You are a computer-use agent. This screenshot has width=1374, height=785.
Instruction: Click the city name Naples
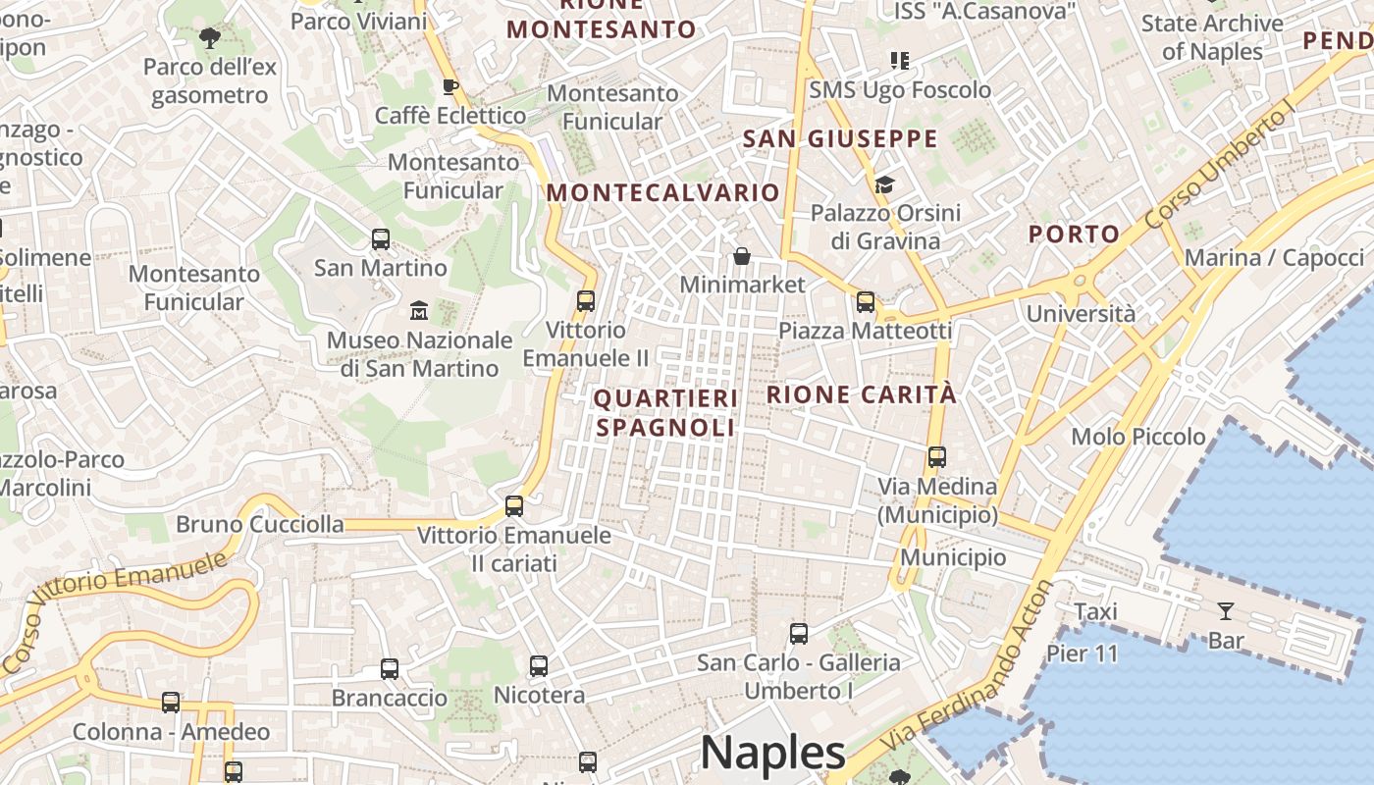pyautogui.click(x=772, y=753)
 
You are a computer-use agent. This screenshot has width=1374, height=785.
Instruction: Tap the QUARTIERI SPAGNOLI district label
pyautogui.click(x=665, y=412)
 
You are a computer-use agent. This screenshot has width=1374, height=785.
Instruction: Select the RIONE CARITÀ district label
pyautogui.click(x=861, y=394)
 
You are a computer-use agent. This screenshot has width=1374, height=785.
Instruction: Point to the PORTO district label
pyautogui.click(x=1074, y=234)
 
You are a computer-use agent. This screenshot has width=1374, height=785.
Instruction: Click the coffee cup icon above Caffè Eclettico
pyautogui.click(x=450, y=86)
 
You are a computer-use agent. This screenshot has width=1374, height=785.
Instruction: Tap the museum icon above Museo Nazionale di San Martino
pyautogui.click(x=419, y=311)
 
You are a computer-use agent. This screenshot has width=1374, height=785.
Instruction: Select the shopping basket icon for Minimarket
pyautogui.click(x=742, y=256)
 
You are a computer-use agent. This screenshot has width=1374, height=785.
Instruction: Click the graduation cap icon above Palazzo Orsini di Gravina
pyautogui.click(x=884, y=184)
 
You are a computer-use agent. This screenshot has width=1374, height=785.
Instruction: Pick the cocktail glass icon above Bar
pyautogui.click(x=1226, y=612)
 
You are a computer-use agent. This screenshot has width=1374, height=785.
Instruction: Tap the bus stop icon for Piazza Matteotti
pyautogui.click(x=865, y=301)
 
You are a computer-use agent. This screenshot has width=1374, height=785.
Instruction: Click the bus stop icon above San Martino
pyautogui.click(x=380, y=238)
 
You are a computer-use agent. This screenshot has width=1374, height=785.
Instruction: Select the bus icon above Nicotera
pyautogui.click(x=538, y=666)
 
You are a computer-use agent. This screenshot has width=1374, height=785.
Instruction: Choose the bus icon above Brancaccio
pyautogui.click(x=390, y=669)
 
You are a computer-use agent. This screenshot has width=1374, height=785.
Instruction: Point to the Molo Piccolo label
pyautogui.click(x=1138, y=437)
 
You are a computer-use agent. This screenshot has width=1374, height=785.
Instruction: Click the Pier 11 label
pyautogui.click(x=1082, y=653)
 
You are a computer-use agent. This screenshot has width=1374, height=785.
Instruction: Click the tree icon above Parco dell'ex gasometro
pyautogui.click(x=209, y=38)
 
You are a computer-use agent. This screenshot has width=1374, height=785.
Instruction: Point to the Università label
pyautogui.click(x=1081, y=314)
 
